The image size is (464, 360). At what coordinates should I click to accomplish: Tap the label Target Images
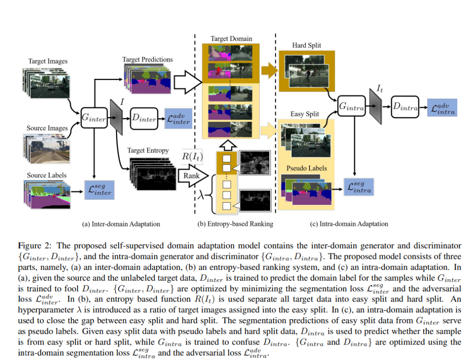(x=48, y=61)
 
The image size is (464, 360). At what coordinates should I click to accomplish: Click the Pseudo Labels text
(x=306, y=168)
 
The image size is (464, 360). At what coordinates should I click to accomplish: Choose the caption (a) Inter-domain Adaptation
(x=121, y=224)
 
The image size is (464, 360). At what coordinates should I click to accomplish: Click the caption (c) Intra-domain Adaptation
(x=349, y=224)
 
